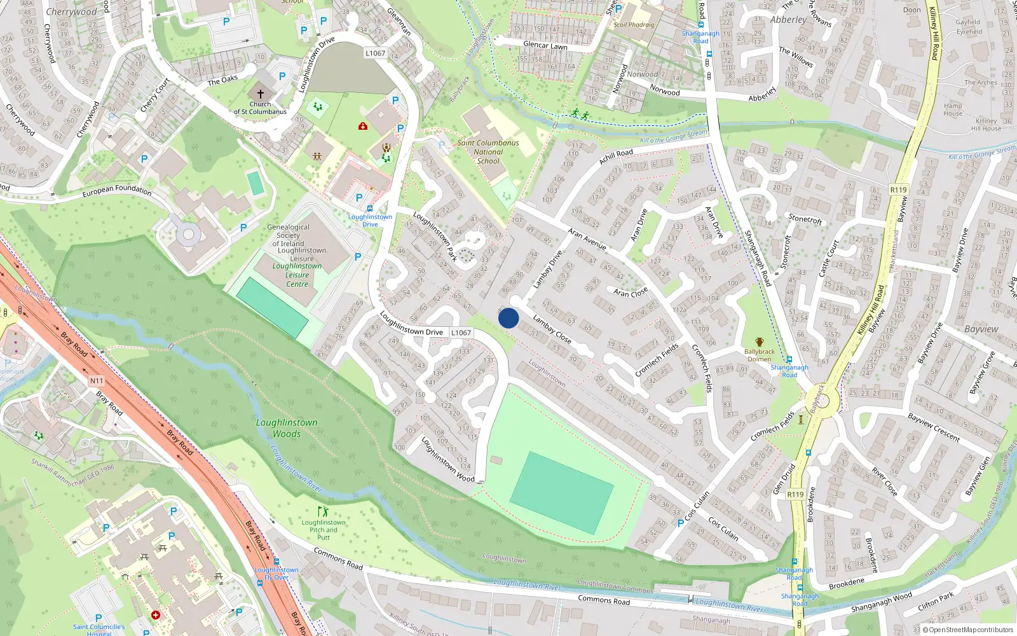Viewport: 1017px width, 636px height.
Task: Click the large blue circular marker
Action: (508, 318)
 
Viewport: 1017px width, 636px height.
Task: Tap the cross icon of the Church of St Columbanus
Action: (260, 93)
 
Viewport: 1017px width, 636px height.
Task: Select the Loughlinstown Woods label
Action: (287, 428)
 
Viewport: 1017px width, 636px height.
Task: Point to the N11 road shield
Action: (96, 381)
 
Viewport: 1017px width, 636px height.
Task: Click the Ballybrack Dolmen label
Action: (760, 355)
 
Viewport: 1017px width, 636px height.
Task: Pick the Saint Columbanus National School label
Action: (488, 152)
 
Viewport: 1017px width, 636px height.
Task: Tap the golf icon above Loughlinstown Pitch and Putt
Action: (324, 511)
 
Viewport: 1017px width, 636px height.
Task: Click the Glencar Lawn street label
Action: (545, 45)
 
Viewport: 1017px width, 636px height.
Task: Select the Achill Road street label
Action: (615, 156)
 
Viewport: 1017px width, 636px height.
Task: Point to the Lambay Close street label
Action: (552, 329)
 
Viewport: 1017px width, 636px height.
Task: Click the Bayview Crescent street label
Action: (934, 427)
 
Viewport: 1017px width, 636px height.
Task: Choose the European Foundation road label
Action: (117, 190)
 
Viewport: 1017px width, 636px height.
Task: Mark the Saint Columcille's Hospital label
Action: (99, 630)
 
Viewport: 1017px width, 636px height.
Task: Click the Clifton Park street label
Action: (936, 600)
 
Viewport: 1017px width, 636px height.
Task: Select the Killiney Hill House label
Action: (986, 125)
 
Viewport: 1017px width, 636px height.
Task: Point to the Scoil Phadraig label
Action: (634, 25)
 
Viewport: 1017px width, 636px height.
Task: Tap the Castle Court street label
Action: (829, 258)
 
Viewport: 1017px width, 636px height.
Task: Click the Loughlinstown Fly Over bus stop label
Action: (276, 573)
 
